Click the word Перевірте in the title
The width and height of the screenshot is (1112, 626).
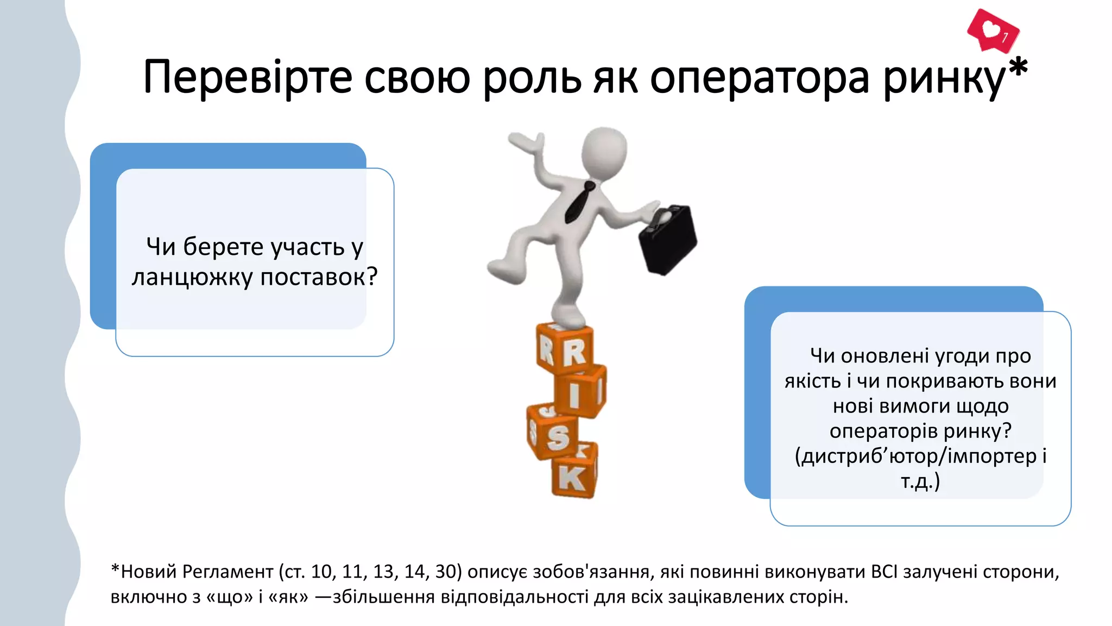click(x=248, y=78)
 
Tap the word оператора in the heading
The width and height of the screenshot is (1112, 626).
click(x=760, y=78)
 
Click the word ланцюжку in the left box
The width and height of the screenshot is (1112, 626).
click(x=192, y=277)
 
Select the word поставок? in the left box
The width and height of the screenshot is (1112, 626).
click(x=319, y=277)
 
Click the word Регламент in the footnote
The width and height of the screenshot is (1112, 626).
click(x=228, y=572)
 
